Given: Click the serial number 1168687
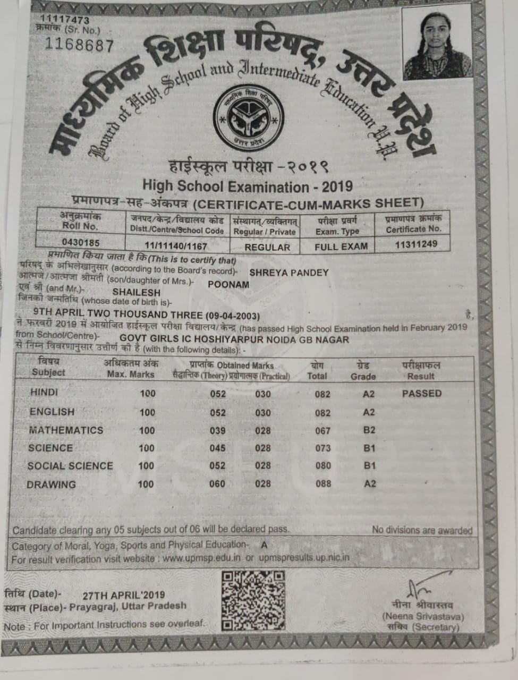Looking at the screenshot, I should (x=80, y=45).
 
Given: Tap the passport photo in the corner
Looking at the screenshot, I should (x=437, y=45).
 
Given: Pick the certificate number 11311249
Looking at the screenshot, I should (x=416, y=244).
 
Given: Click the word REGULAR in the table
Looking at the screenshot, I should (x=267, y=247).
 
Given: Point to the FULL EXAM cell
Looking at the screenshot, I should (x=341, y=246).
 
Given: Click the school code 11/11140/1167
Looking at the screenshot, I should (x=176, y=246).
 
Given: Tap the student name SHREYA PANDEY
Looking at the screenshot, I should (x=289, y=273).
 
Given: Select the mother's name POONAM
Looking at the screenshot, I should (x=228, y=284).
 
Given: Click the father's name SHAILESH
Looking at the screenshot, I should (x=137, y=292).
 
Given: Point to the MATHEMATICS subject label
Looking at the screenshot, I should (x=66, y=430).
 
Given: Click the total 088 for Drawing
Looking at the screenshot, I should (x=323, y=483).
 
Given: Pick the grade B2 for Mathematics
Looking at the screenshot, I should (x=369, y=430).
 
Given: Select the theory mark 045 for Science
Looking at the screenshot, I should (x=217, y=448).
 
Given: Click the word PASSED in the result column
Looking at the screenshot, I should (x=422, y=394).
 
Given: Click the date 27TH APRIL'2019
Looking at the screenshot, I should (x=124, y=596).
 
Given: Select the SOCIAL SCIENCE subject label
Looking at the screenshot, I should (x=70, y=466).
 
